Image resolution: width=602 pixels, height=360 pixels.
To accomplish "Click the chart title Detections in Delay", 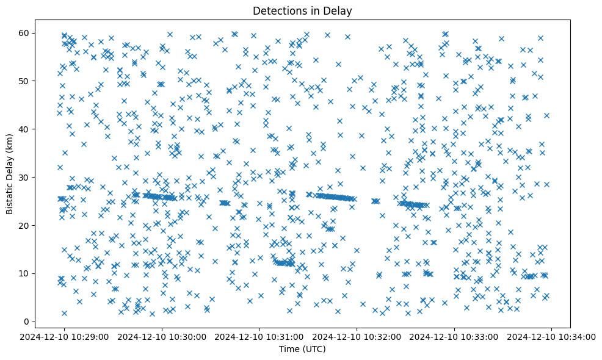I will pos(302,10).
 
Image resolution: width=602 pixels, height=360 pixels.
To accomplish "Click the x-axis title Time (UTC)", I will pos(302,350).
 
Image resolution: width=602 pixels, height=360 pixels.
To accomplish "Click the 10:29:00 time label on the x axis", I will pos(65,337).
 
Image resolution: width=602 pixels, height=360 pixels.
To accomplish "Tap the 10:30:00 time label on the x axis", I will pos(162,337).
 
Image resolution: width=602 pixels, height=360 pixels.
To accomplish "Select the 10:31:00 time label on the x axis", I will pos(259,337).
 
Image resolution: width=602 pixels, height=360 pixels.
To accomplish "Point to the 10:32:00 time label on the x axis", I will pos(357,337).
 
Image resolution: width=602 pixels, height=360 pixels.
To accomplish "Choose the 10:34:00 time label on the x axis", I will pos(552,337).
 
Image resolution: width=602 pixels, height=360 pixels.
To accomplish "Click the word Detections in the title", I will pos(278,10).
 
